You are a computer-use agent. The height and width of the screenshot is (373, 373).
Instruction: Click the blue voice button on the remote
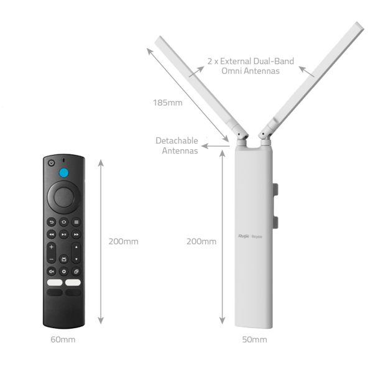[64, 173]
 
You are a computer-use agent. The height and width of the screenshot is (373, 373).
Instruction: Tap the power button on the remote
[52, 163]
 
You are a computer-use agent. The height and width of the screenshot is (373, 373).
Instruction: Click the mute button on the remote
[52, 272]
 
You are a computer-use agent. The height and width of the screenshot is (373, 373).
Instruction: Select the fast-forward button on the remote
[76, 234]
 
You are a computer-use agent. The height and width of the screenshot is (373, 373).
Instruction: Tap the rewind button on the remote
[52, 234]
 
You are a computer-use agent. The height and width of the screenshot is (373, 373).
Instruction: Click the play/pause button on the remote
[64, 234]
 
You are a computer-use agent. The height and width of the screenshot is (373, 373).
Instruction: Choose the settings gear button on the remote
[64, 272]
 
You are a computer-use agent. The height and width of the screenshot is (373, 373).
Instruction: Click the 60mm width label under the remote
[63, 339]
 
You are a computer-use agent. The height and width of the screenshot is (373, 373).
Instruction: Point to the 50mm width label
[254, 339]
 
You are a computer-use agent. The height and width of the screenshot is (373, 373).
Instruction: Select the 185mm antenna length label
[168, 103]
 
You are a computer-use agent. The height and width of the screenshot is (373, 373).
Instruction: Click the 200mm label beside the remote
[124, 241]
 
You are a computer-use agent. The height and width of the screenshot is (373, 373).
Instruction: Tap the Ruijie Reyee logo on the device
[251, 236]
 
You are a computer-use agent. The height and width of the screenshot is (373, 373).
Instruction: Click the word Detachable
[177, 140]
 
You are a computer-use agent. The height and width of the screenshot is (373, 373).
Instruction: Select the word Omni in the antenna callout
[232, 71]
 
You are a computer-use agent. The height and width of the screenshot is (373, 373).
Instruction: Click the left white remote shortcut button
[55, 282]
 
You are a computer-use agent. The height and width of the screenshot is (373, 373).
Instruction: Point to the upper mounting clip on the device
[275, 189]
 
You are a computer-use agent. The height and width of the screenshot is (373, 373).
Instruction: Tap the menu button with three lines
[76, 222]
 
